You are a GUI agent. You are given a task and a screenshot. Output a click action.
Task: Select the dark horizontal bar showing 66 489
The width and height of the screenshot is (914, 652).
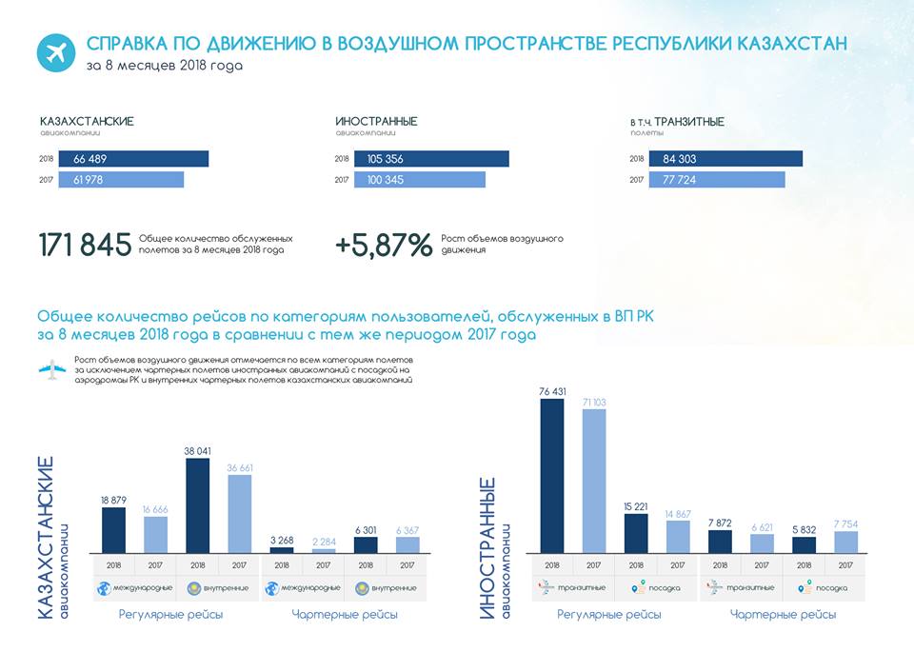pyautogui.click(x=133, y=159)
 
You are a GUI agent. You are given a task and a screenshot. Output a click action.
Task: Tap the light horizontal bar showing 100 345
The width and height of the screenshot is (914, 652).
pyautogui.click(x=419, y=180)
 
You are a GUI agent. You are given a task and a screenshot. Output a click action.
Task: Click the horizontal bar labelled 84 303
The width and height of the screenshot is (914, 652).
pyautogui.click(x=725, y=159)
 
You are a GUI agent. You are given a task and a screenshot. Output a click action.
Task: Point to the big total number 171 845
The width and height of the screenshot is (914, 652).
pyautogui.click(x=85, y=245)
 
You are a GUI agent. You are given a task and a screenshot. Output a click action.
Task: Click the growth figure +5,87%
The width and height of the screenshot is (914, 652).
pyautogui.click(x=384, y=245)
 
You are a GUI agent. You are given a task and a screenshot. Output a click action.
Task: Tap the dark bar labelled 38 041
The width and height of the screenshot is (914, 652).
pyautogui.click(x=198, y=505)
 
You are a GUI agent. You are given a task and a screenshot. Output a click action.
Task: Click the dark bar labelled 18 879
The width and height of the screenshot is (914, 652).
pyautogui.click(x=114, y=529)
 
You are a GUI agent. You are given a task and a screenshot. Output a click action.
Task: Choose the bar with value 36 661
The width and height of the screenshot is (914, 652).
pyautogui.click(x=240, y=513)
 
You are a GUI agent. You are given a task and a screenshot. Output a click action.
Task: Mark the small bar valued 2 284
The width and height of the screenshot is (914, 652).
pyautogui.click(x=324, y=549)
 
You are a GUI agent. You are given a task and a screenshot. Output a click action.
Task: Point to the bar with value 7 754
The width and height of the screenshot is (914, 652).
pyautogui.click(x=846, y=542)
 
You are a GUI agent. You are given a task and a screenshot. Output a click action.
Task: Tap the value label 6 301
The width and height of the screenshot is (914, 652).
pyautogui.click(x=366, y=529)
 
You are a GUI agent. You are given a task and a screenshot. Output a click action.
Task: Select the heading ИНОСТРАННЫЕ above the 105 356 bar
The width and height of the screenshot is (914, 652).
pyautogui.click(x=376, y=122)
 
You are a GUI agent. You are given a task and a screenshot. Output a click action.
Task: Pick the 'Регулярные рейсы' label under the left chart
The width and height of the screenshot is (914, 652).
pyautogui.click(x=171, y=615)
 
